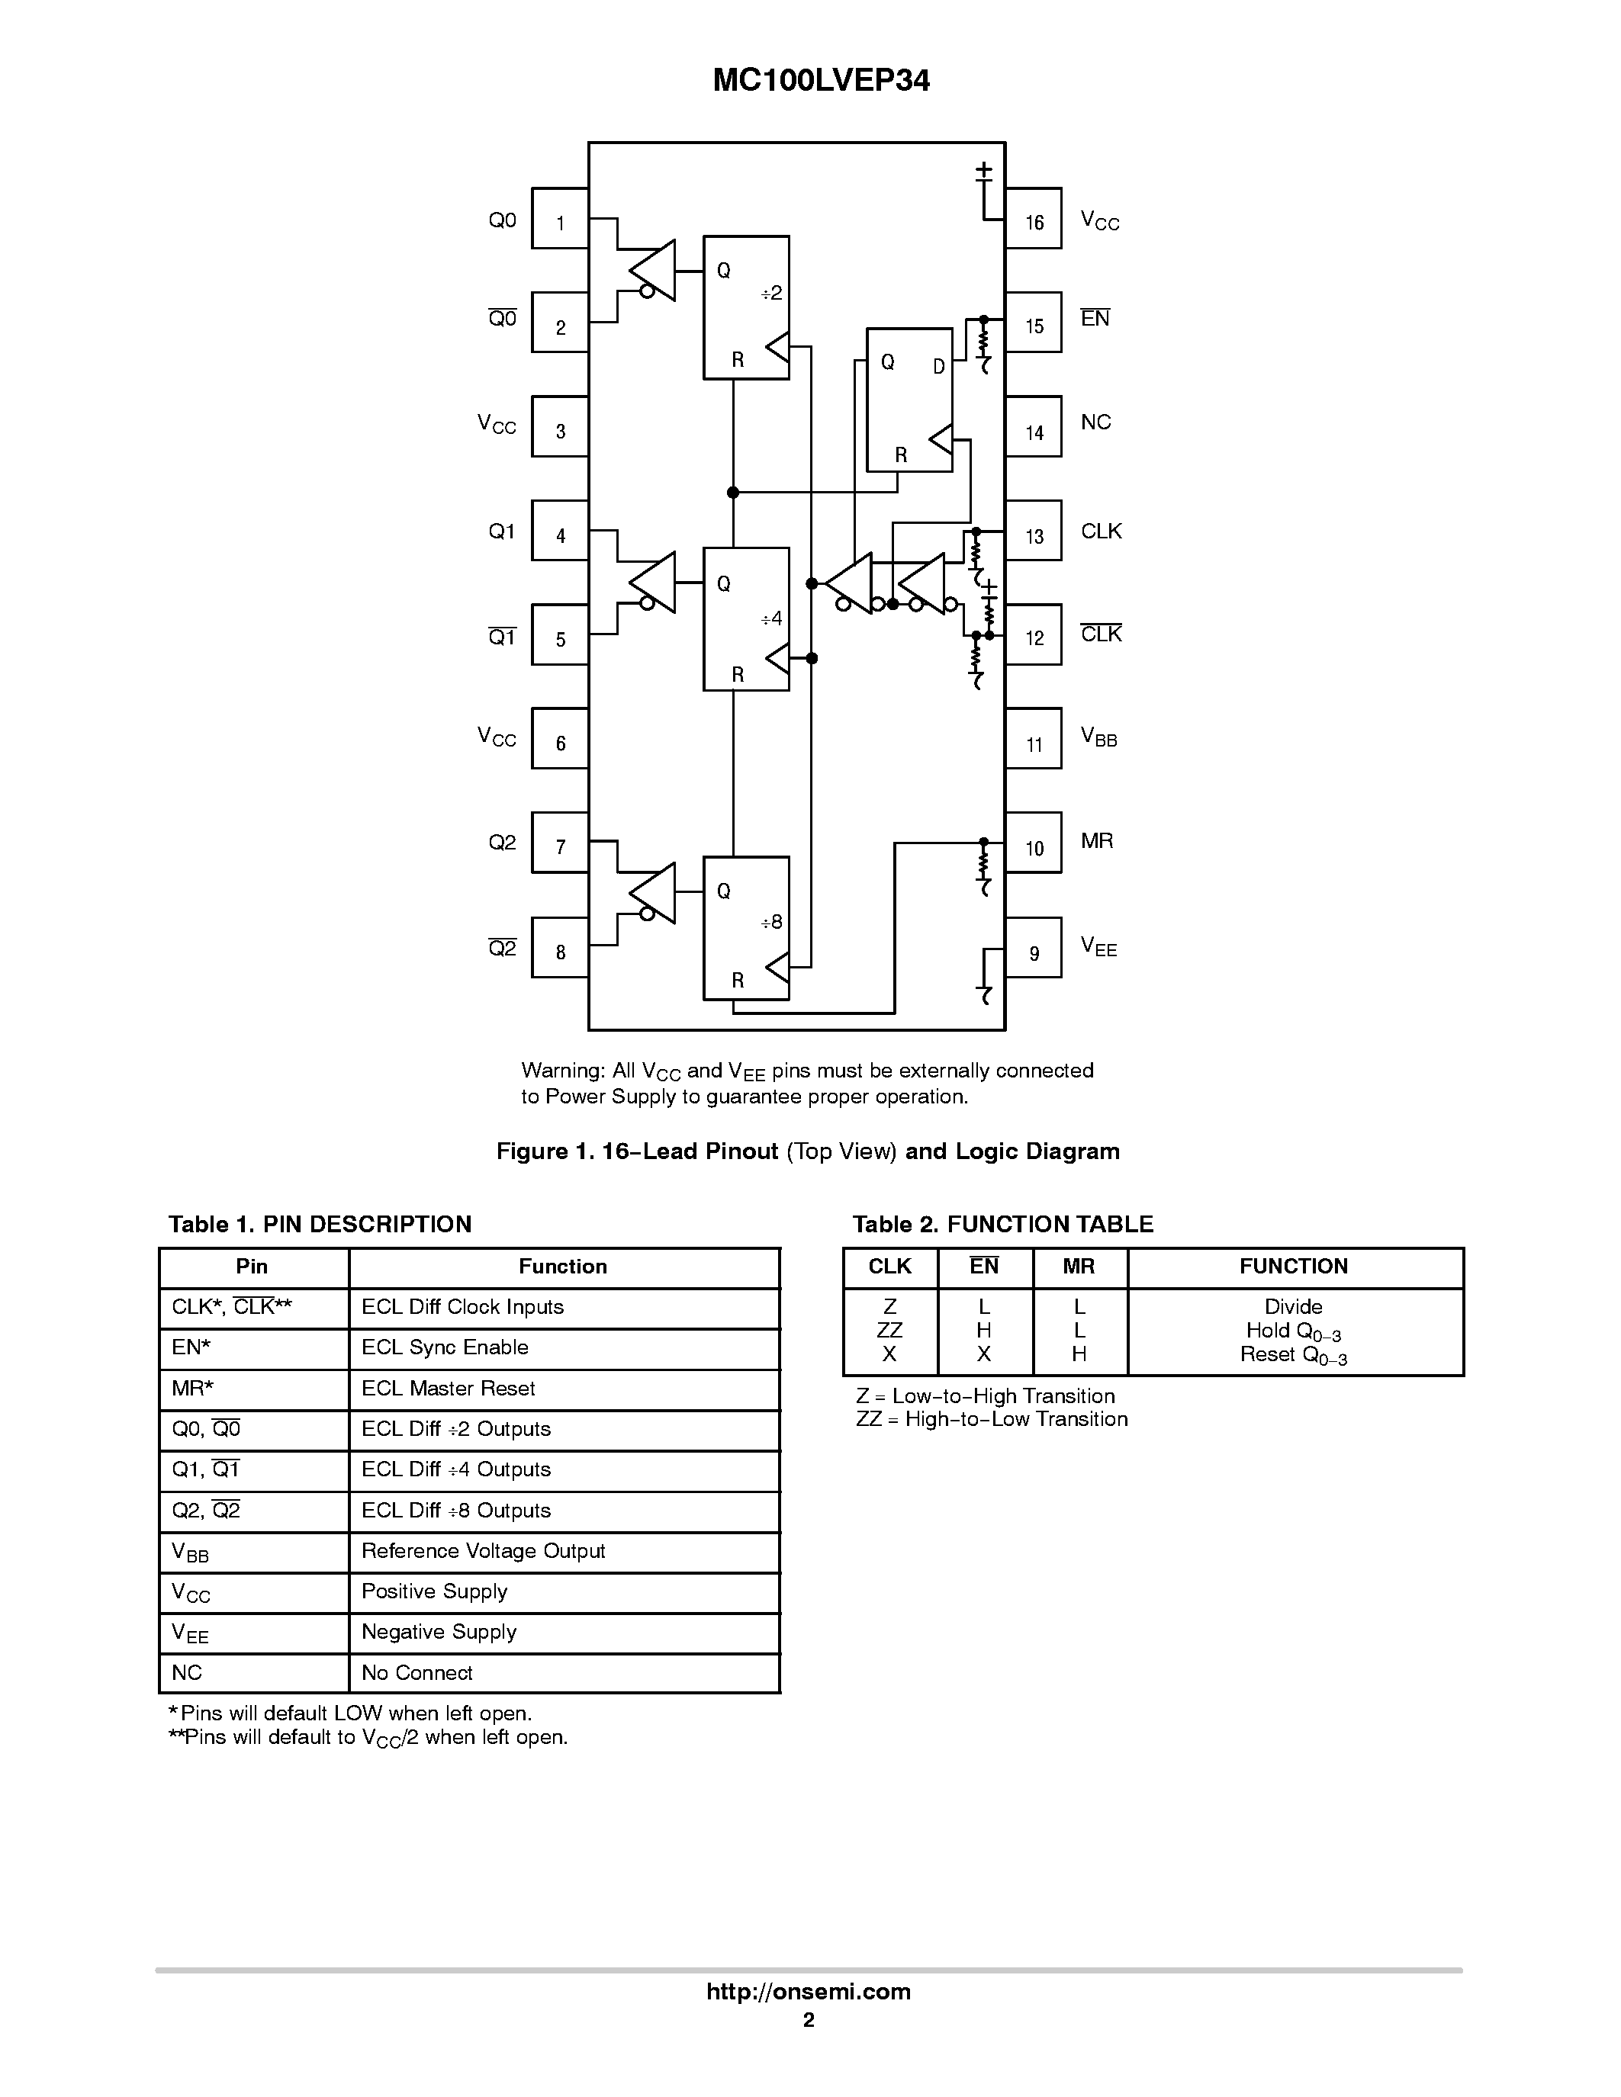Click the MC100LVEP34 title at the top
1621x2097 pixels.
coord(821,81)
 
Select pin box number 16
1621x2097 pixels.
coord(1034,219)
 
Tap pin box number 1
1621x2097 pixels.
coord(561,219)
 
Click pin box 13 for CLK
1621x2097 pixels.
coord(1034,531)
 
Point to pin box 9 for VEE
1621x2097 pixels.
coord(1034,948)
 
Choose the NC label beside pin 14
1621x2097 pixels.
coord(1095,422)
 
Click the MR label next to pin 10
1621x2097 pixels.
coord(1097,841)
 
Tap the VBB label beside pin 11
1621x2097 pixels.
coord(1098,737)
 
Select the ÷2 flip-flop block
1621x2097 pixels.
coord(746,307)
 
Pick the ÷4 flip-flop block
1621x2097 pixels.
coord(746,619)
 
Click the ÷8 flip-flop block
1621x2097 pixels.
coord(746,927)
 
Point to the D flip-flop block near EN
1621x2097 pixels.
coord(909,400)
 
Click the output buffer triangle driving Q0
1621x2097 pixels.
coord(655,270)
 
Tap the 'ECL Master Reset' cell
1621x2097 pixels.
coord(449,1389)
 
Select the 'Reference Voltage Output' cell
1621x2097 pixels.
coord(483,1551)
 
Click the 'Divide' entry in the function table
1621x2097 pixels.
coord(1294,1307)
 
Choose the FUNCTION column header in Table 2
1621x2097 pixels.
coord(1294,1267)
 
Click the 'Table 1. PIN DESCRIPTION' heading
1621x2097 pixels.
coord(320,1224)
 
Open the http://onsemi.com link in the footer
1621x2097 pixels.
coord(809,1991)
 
